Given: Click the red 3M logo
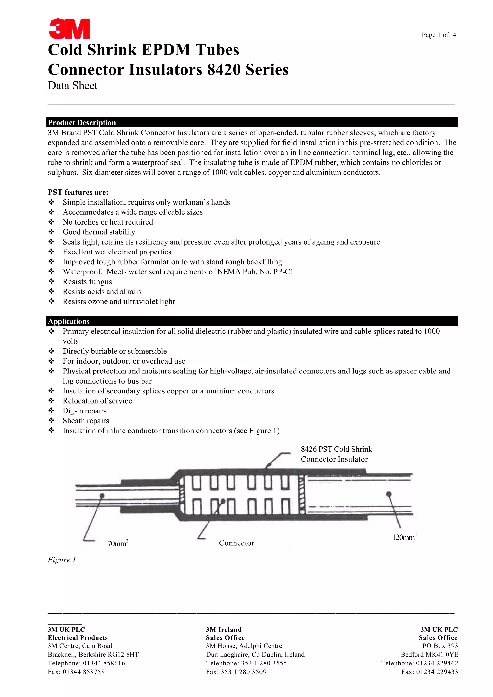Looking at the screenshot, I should coord(69,29).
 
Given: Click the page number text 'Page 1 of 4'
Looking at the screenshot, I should coord(439,35).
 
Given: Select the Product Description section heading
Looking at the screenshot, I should coord(82,122).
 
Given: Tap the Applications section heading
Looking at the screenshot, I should coord(69,321).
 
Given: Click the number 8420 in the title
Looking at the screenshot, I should coord(224,70).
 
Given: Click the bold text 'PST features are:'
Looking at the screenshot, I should coord(78,192).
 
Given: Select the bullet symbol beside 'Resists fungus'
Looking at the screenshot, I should coord(51,281).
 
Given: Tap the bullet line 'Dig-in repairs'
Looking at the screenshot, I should coord(84,411).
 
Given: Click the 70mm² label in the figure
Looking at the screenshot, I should coord(118,543).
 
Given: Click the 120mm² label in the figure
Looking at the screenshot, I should coord(404,537).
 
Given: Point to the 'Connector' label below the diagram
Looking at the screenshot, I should coord(236,543).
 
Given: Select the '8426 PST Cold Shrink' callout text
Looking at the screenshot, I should coord(336,449).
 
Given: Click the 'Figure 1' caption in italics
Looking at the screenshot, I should coord(62,560).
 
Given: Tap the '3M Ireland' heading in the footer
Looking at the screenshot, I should coord(223,630).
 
